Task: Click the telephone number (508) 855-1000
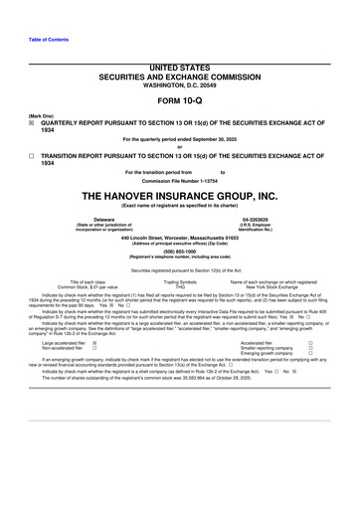coord(179,252)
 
